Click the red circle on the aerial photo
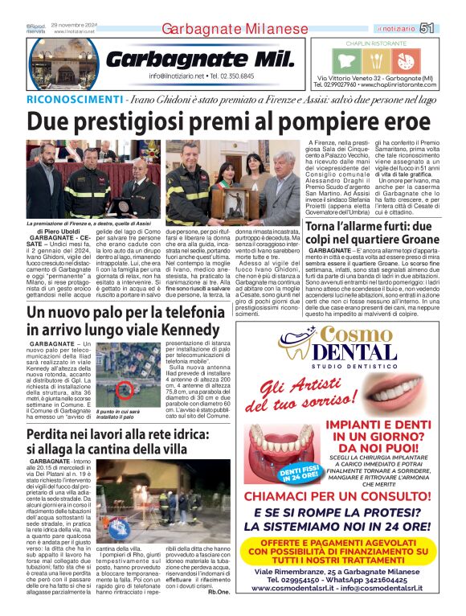[x=124, y=391]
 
